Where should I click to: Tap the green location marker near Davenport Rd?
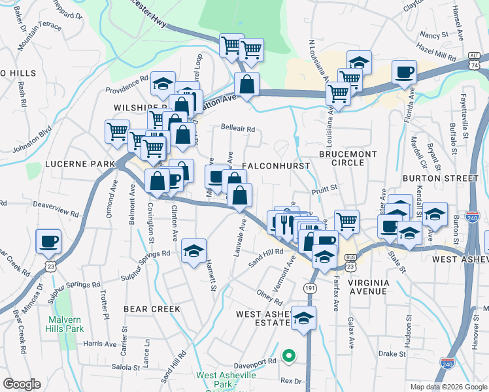click(288, 357)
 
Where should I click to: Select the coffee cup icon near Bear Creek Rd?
click(48, 241)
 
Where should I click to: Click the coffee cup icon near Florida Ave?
click(405, 72)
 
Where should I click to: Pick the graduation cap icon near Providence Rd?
click(163, 84)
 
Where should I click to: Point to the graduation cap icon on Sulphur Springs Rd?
click(194, 252)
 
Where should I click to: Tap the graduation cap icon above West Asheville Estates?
click(303, 319)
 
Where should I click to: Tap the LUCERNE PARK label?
click(71, 163)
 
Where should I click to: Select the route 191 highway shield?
click(310, 287)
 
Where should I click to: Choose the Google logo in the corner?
click(22, 384)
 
